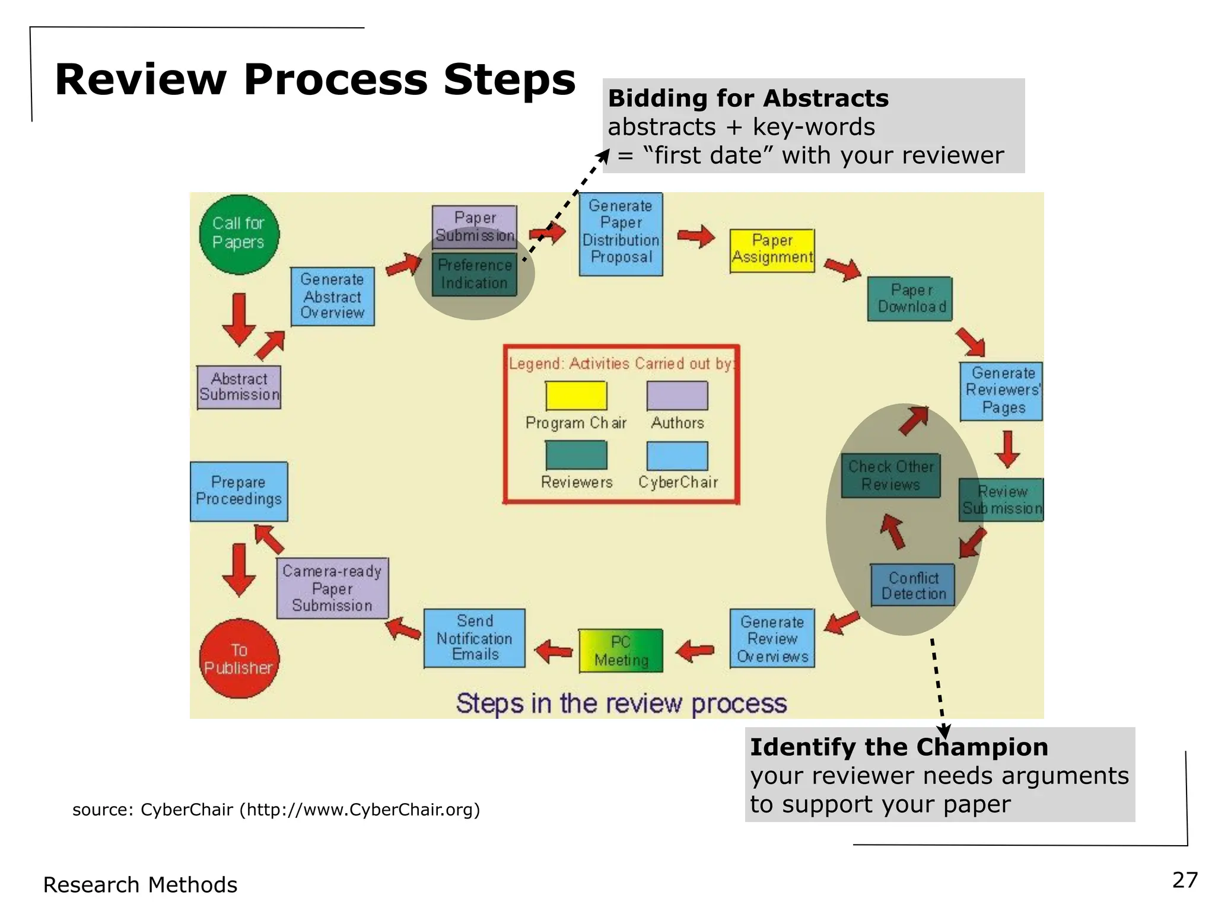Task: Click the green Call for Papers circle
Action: [238, 234]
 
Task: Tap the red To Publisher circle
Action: [238, 658]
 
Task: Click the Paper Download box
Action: [909, 299]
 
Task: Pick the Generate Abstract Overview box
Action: [332, 296]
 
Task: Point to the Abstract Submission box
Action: [239, 387]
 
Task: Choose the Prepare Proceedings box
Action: [238, 491]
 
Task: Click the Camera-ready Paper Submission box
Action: [332, 588]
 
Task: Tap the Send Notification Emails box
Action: [475, 638]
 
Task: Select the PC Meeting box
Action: [621, 651]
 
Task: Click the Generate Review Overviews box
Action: [772, 638]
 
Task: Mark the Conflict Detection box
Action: [912, 585]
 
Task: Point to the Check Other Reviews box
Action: [890, 476]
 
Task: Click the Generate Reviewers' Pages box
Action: [1001, 391]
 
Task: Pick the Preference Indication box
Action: [475, 275]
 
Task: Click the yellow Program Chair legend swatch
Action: [576, 396]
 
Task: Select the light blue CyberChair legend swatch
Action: [677, 456]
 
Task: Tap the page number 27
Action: [1185, 880]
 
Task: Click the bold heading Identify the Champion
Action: [899, 747]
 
